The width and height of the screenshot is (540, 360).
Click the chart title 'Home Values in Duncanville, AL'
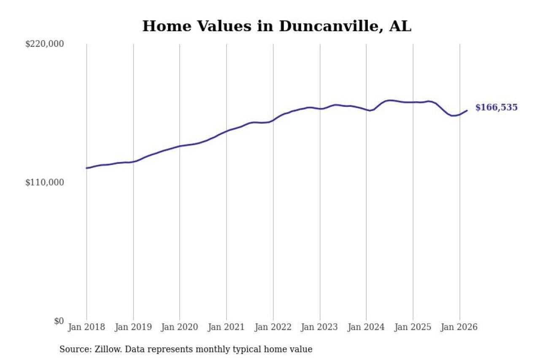click(276, 26)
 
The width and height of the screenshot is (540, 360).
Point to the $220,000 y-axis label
click(45, 44)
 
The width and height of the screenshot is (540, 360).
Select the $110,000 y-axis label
click(45, 182)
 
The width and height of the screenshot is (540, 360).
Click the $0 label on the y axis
click(59, 321)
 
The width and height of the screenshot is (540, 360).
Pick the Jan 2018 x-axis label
click(86, 327)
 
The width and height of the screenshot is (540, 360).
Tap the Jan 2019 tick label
click(133, 327)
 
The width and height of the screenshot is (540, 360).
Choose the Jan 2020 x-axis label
click(180, 327)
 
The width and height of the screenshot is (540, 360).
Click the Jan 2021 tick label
click(227, 327)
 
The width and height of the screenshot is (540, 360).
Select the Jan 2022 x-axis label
click(273, 327)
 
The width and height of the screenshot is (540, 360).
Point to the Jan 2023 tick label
click(320, 327)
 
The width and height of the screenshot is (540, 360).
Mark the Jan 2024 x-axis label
click(366, 327)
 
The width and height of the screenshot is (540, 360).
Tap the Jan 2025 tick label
click(413, 327)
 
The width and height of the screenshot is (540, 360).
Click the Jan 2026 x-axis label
click(459, 327)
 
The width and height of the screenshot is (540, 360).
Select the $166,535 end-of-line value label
click(496, 108)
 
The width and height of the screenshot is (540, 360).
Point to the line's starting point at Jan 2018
click(86, 168)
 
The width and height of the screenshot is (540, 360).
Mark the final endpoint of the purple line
click(467, 111)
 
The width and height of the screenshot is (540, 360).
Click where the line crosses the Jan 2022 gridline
click(273, 120)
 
